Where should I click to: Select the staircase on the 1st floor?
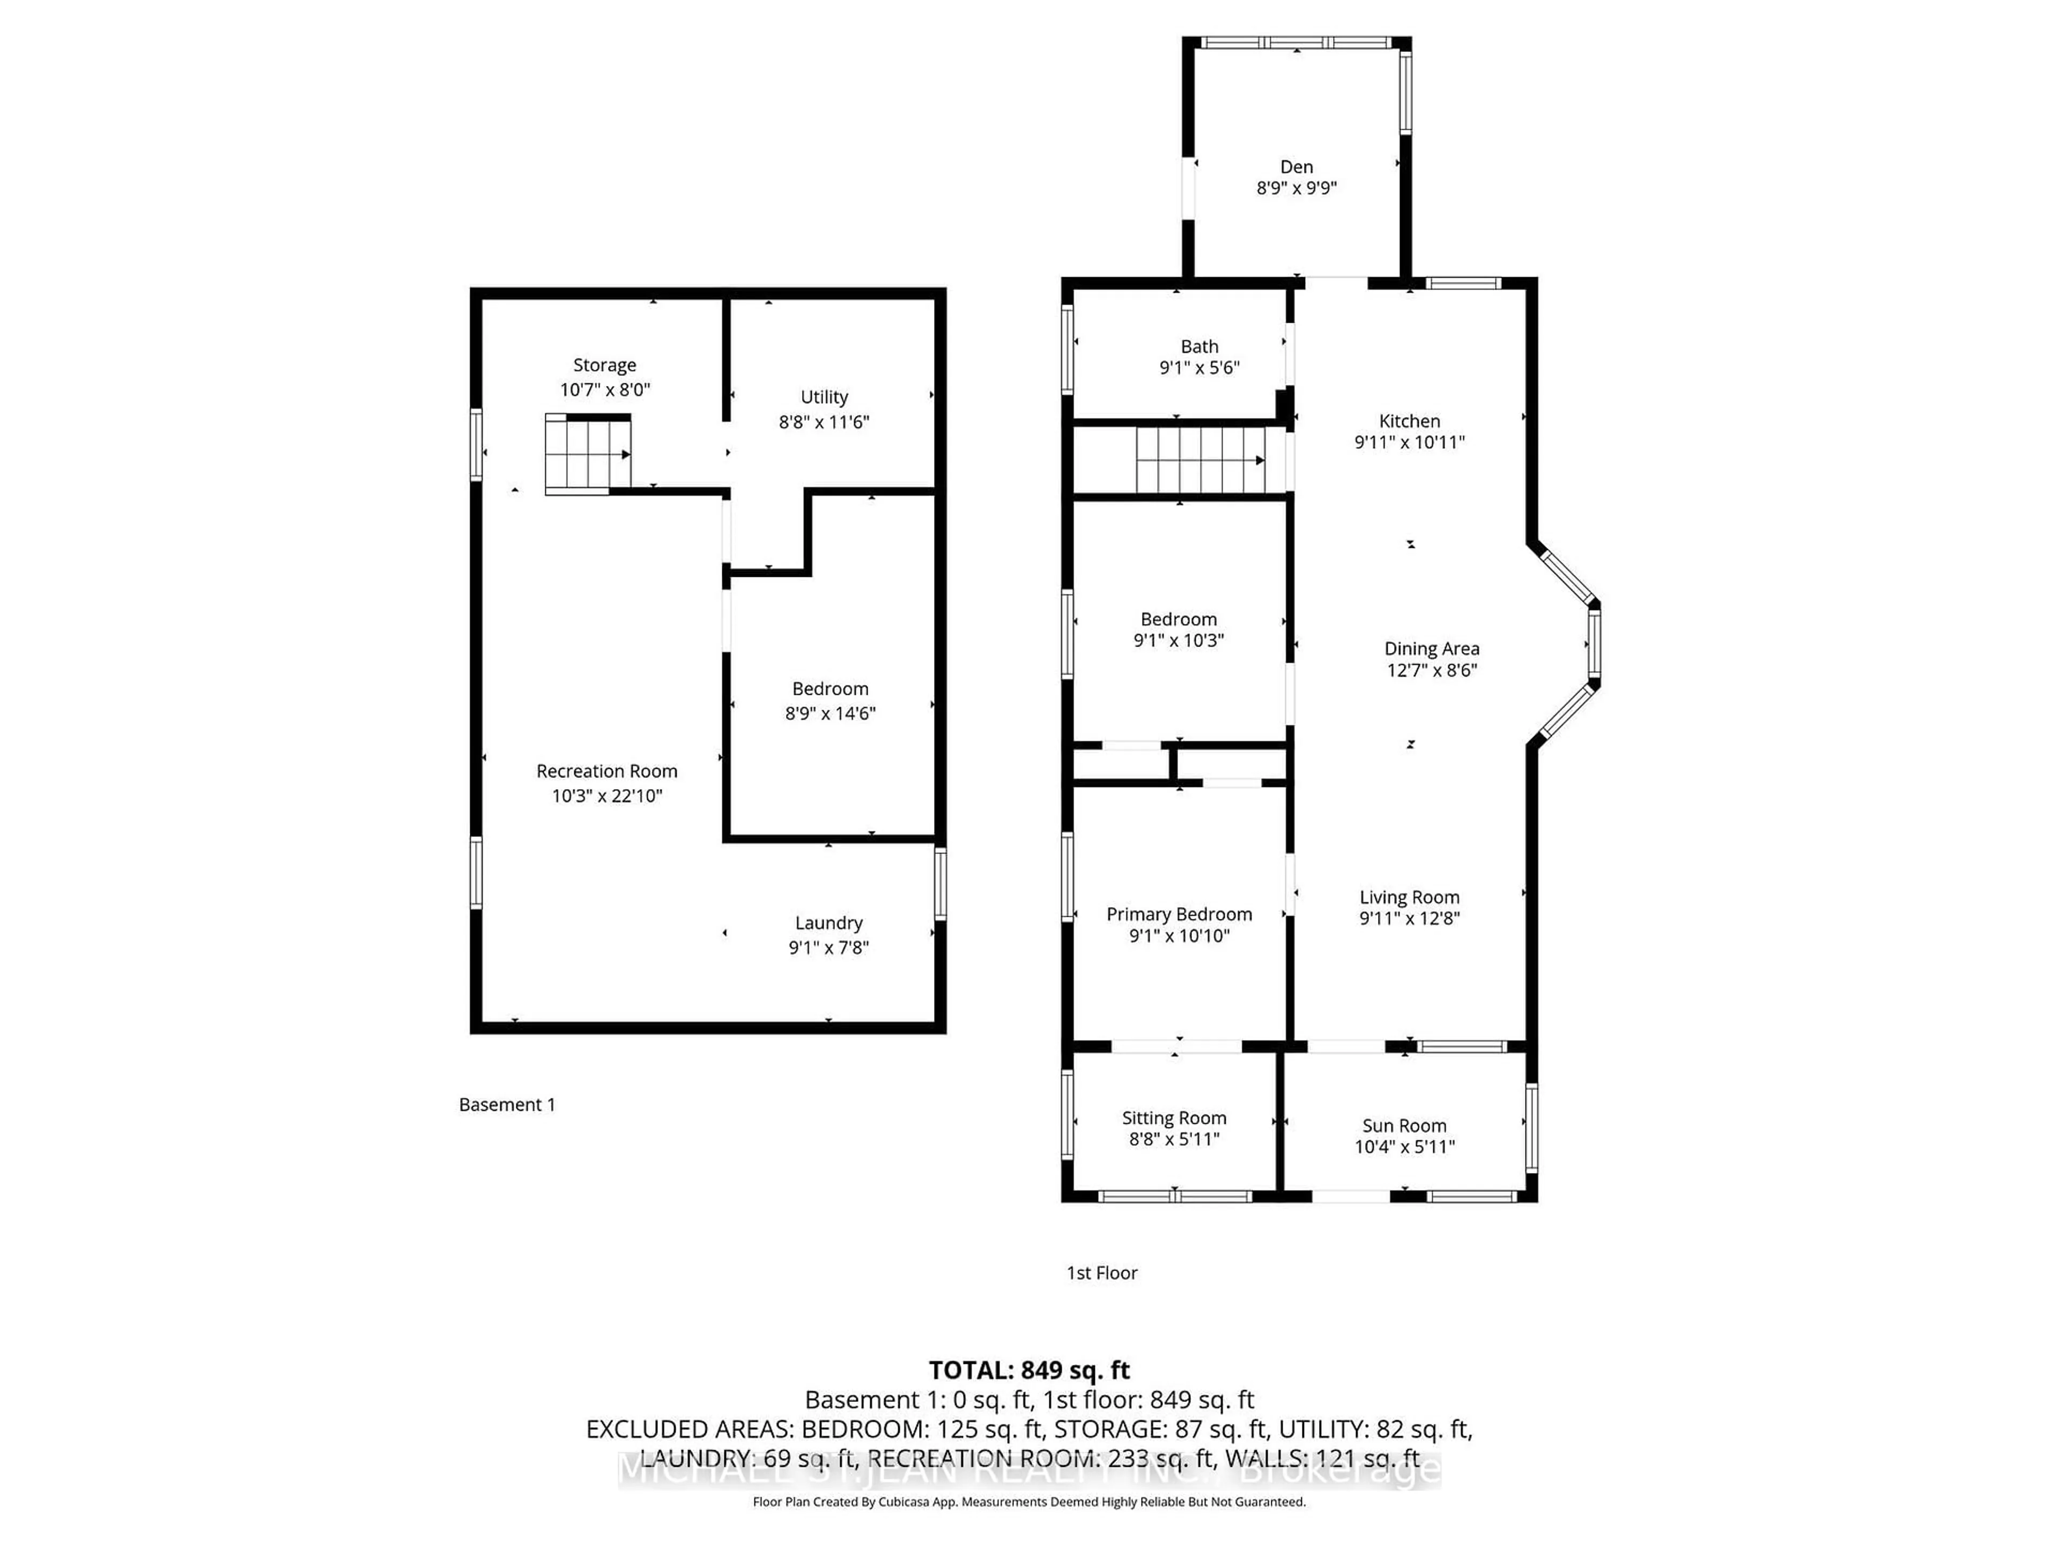pyautogui.click(x=1199, y=460)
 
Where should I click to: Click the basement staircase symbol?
pyautogui.click(x=587, y=454)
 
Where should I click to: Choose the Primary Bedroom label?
pyautogui.click(x=1179, y=914)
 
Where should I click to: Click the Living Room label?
pyautogui.click(x=1409, y=897)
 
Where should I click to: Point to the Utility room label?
pyautogui.click(x=824, y=397)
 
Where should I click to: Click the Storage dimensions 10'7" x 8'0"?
pyautogui.click(x=604, y=390)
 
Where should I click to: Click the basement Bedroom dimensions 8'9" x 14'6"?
pyautogui.click(x=829, y=713)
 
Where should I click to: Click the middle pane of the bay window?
pyautogui.click(x=1594, y=642)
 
